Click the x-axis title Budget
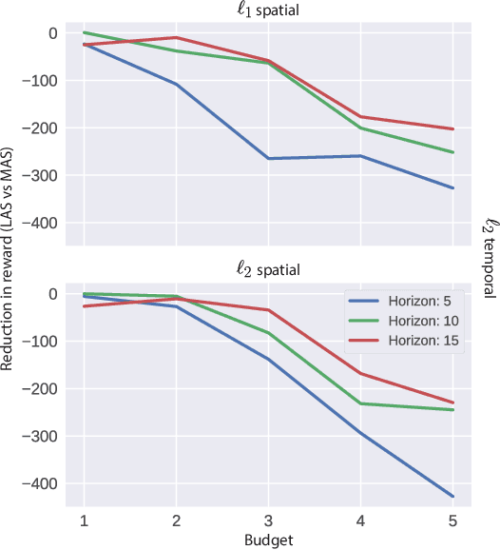tap(269, 540)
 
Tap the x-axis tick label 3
tap(269, 521)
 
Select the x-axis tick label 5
tap(453, 521)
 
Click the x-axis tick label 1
tap(84, 521)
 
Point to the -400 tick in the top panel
tap(43, 223)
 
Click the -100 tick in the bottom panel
tap(43, 342)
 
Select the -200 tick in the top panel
tap(43, 128)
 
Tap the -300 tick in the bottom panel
tap(43, 437)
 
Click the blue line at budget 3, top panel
tap(269, 158)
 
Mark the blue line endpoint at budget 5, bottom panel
tap(453, 497)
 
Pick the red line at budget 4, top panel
tap(361, 117)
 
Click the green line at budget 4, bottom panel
tap(361, 403)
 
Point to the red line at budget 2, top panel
tap(176, 38)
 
